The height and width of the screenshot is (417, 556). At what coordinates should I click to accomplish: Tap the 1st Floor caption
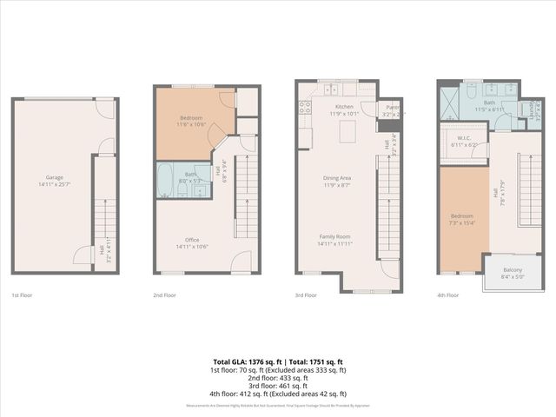[x=23, y=295]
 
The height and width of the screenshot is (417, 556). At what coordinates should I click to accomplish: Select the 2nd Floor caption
[x=165, y=295]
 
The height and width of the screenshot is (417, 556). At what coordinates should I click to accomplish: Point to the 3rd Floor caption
[x=306, y=295]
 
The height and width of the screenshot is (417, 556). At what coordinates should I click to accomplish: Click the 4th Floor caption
[x=448, y=295]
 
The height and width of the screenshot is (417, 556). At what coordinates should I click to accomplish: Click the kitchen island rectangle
[x=348, y=131]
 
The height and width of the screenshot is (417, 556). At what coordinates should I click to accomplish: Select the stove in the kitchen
[x=305, y=109]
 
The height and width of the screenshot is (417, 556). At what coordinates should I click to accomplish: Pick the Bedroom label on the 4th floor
[x=461, y=218]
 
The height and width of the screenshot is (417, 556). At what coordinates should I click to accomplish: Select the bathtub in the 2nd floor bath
[x=167, y=182]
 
